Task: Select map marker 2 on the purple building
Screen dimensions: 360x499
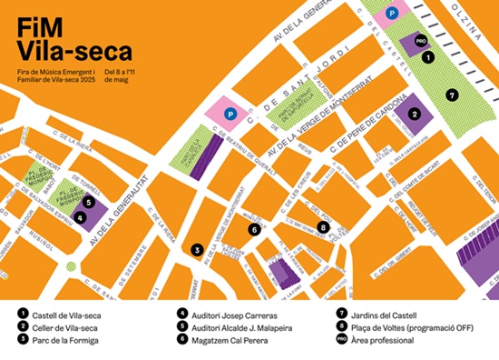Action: [x=414, y=114]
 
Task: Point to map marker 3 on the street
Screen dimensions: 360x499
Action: [x=195, y=248]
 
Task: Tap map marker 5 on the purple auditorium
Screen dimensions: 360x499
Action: [x=89, y=203]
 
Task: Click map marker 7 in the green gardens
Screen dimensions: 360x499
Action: [x=451, y=94]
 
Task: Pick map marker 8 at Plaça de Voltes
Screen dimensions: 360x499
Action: [x=321, y=226]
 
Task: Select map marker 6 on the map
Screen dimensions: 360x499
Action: [x=255, y=230]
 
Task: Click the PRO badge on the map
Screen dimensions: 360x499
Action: [x=419, y=42]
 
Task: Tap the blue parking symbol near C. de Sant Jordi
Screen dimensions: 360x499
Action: [x=230, y=115]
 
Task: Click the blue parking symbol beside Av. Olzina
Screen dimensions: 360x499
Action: [x=391, y=13]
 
